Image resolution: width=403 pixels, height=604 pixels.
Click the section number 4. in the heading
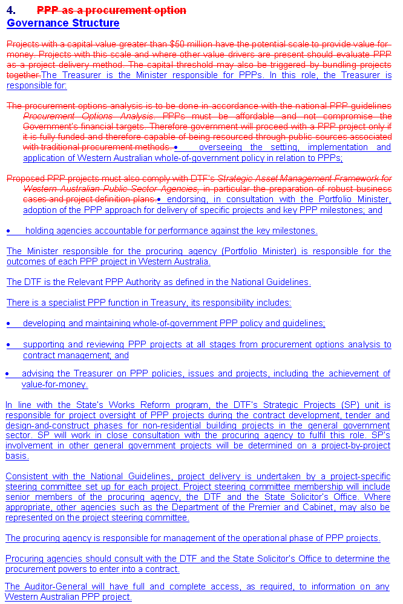click(x=11, y=10)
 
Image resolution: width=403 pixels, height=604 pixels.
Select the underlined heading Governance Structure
click(x=63, y=23)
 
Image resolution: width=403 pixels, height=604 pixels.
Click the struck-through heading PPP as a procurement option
click(x=111, y=10)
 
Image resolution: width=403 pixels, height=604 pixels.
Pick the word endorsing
click(x=187, y=199)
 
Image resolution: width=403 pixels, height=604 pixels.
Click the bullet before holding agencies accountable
click(x=8, y=231)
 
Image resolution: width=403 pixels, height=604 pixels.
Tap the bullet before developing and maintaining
click(x=8, y=324)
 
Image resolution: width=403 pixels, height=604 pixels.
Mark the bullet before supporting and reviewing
click(x=8, y=345)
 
